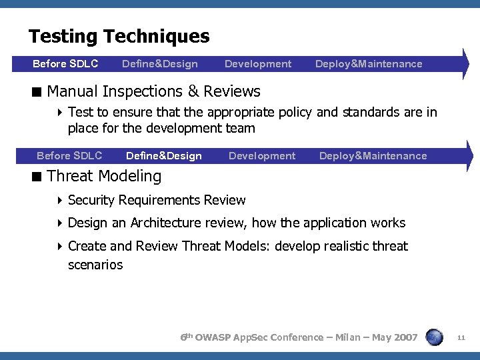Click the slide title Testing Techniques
(x=119, y=36)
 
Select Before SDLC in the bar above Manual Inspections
(x=65, y=64)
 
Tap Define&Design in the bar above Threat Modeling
(x=163, y=156)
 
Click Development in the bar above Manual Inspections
(x=258, y=64)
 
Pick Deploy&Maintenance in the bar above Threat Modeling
(x=373, y=156)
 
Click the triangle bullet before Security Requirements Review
(x=60, y=201)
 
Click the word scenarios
(x=95, y=265)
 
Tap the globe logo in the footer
(x=434, y=337)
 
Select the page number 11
(x=461, y=338)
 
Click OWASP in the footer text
(x=216, y=337)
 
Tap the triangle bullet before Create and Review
(x=60, y=247)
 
